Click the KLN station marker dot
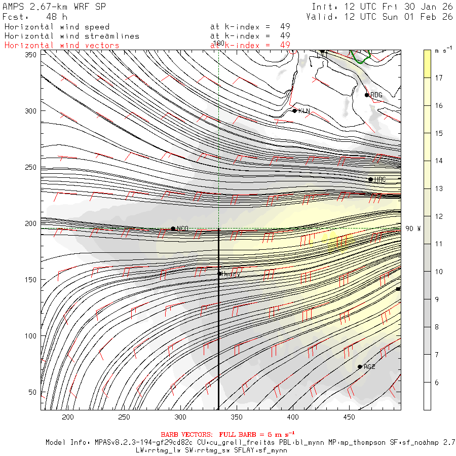tap(294, 110)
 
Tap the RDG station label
tap(376, 95)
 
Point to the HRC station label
tap(380, 180)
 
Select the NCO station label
tap(182, 229)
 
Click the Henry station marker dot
tap(219, 274)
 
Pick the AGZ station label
tap(369, 367)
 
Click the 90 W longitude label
tap(412, 229)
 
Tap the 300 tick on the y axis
tap(32, 111)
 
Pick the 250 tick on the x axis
tap(125, 417)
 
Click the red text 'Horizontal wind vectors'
tap(62, 46)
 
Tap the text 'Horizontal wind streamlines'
tap(71, 36)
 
